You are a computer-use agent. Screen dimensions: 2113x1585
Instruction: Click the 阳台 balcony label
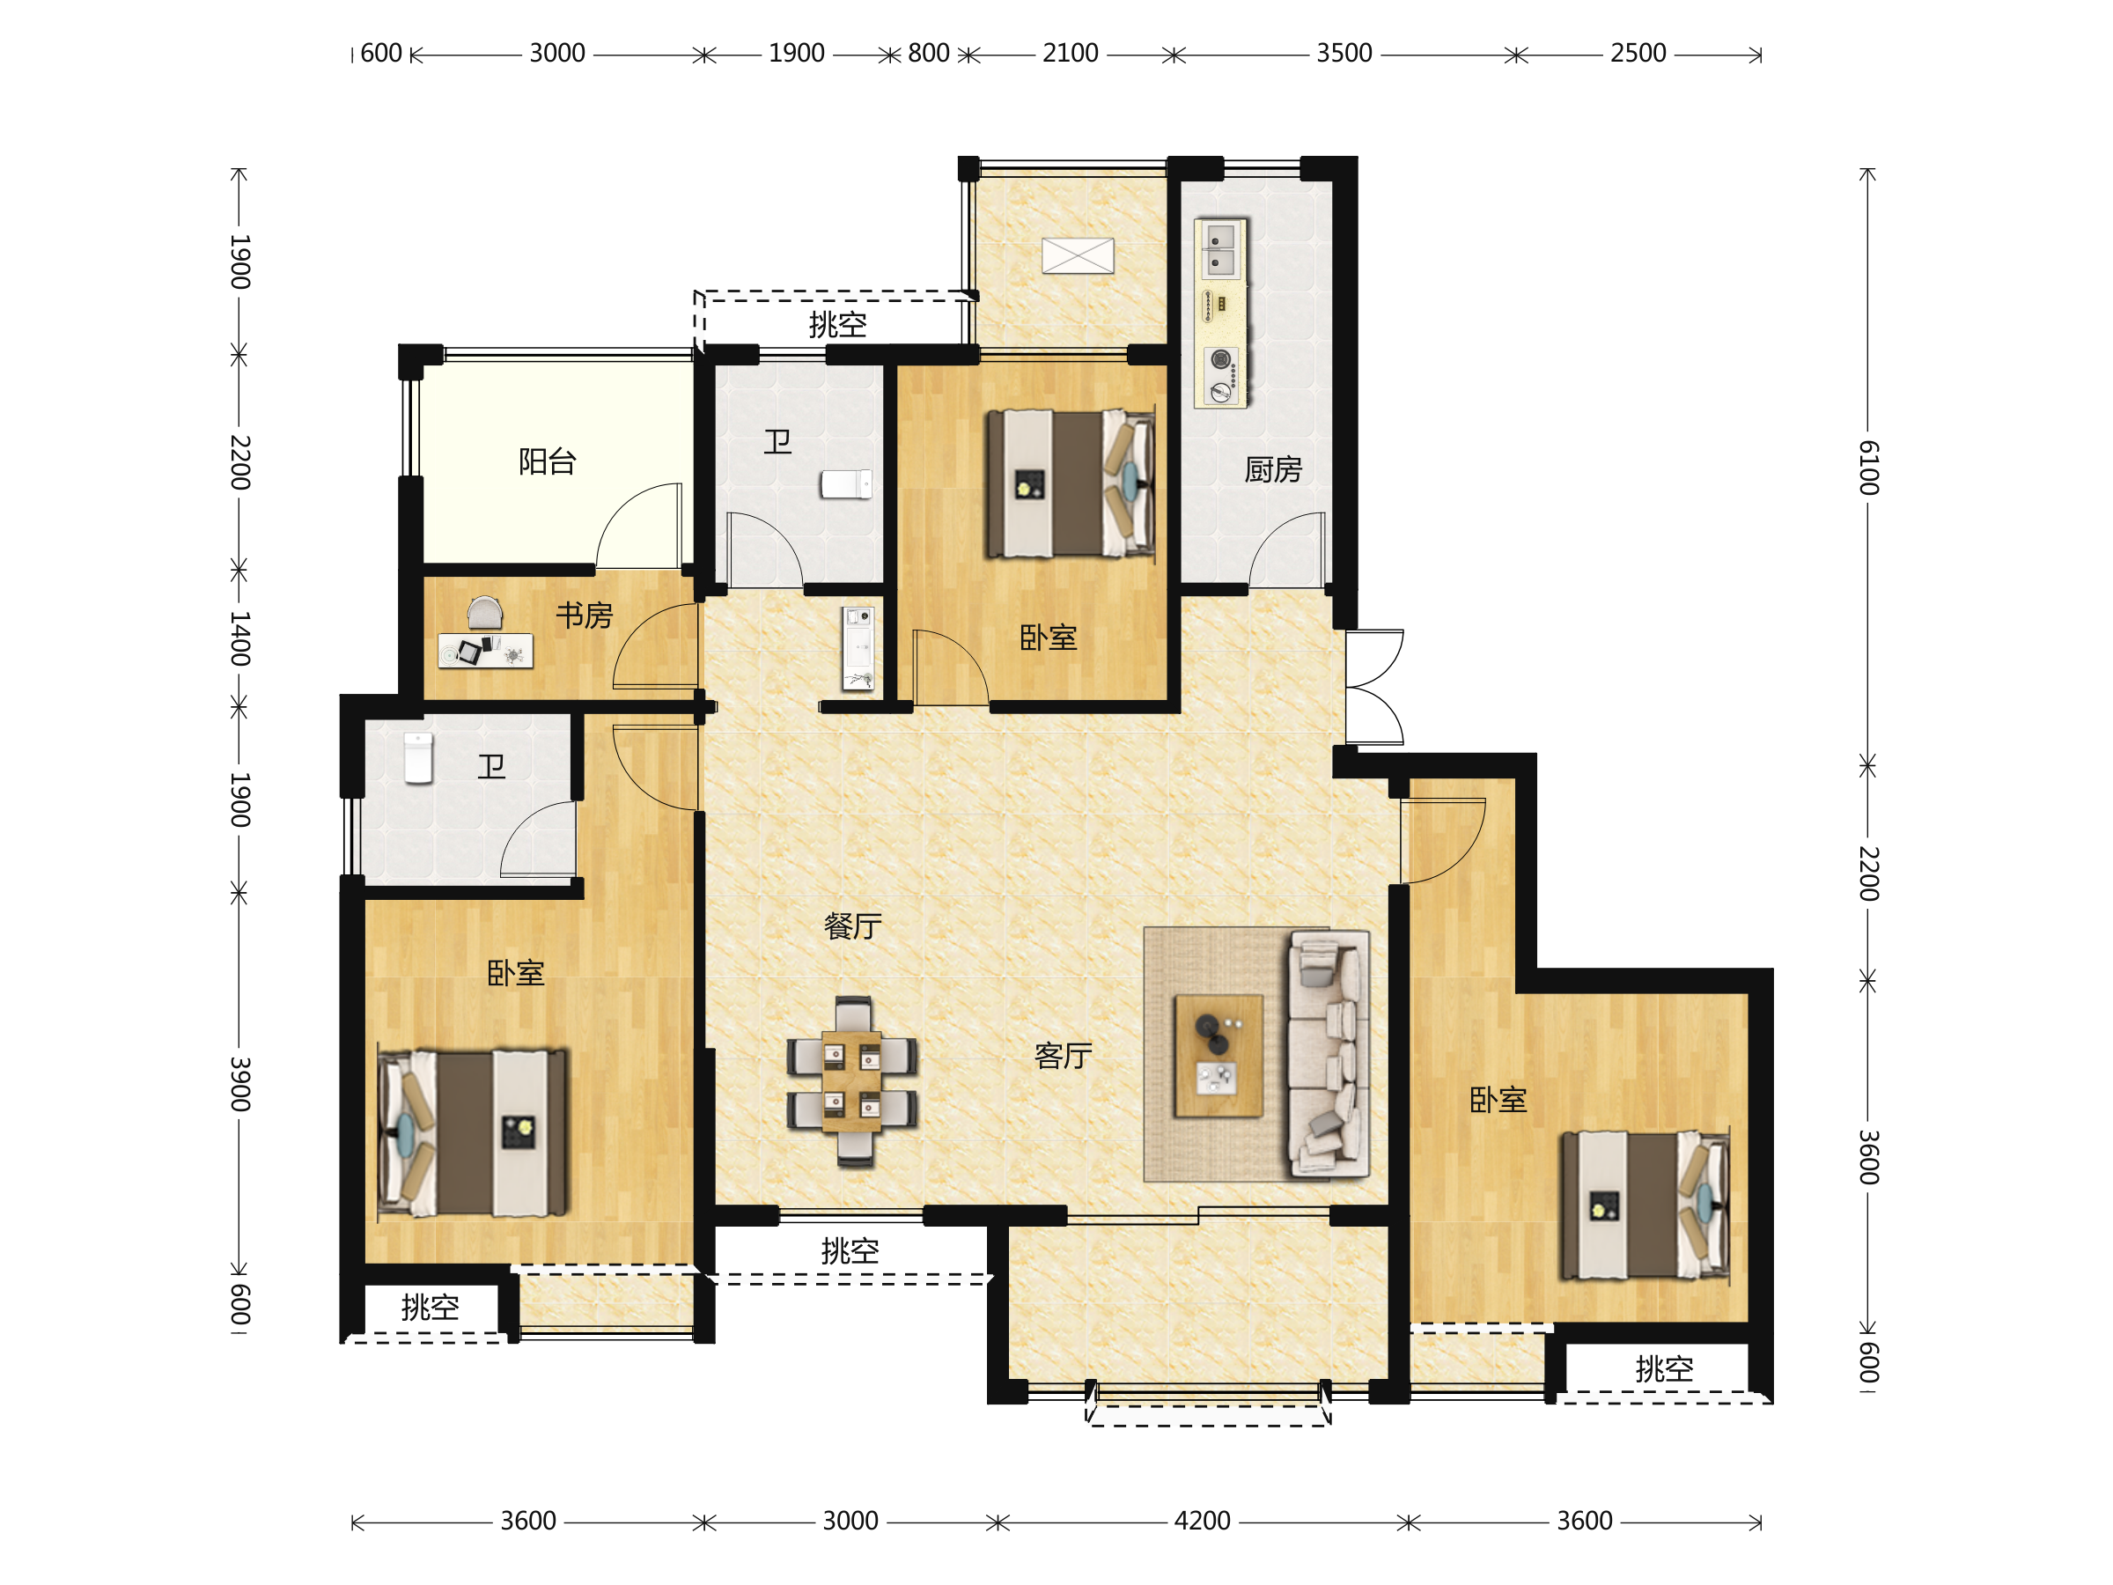point(548,462)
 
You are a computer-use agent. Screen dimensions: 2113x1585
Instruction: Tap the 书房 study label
point(584,616)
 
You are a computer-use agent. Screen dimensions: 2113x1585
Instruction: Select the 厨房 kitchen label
point(1272,469)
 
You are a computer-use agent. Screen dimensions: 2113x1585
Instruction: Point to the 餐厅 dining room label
point(852,925)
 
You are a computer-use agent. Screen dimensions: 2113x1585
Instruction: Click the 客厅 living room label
point(1063,1056)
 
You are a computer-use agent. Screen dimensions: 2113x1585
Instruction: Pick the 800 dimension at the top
point(929,54)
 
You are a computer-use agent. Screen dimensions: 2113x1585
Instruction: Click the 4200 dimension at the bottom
point(1202,1521)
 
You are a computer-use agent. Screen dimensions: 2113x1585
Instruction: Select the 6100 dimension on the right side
point(1868,468)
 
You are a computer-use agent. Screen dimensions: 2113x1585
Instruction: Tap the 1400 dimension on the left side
point(239,638)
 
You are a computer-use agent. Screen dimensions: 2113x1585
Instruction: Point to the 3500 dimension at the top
point(1344,54)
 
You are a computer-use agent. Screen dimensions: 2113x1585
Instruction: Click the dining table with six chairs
point(852,1081)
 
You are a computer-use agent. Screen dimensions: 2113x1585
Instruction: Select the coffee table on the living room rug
point(1218,1055)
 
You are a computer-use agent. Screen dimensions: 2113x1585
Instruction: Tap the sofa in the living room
point(1329,1055)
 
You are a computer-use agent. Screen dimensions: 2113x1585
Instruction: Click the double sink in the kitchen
point(1221,249)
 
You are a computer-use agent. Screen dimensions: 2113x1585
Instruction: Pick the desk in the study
point(485,651)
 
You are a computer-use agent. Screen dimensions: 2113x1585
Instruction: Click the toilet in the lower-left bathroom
point(418,757)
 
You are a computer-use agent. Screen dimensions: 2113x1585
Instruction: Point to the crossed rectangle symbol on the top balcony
point(1078,255)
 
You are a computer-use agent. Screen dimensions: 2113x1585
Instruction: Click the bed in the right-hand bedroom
point(1645,1205)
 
